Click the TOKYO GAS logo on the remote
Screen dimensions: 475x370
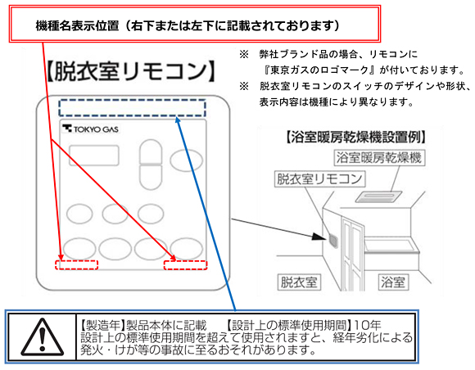pos(90,129)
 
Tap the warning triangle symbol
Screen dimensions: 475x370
pos(43,337)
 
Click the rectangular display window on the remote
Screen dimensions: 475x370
pos(94,156)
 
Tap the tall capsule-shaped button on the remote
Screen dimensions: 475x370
pos(151,165)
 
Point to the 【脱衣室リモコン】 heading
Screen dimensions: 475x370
pos(131,71)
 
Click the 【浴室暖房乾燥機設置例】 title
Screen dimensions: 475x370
pos(356,137)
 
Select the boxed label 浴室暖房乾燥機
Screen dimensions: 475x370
pos(379,157)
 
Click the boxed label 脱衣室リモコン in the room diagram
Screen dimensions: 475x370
pos(319,178)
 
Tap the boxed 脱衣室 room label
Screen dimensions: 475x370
pos(299,282)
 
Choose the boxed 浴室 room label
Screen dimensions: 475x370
pos(393,282)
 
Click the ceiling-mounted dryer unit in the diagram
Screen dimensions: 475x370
pos(378,196)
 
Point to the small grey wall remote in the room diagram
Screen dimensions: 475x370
pos(333,241)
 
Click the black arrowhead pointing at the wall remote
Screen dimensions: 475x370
pos(319,237)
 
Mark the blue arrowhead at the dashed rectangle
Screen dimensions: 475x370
pos(178,120)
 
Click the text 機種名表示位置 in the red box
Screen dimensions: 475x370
pos(77,25)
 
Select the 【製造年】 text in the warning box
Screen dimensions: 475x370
pos(102,325)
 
